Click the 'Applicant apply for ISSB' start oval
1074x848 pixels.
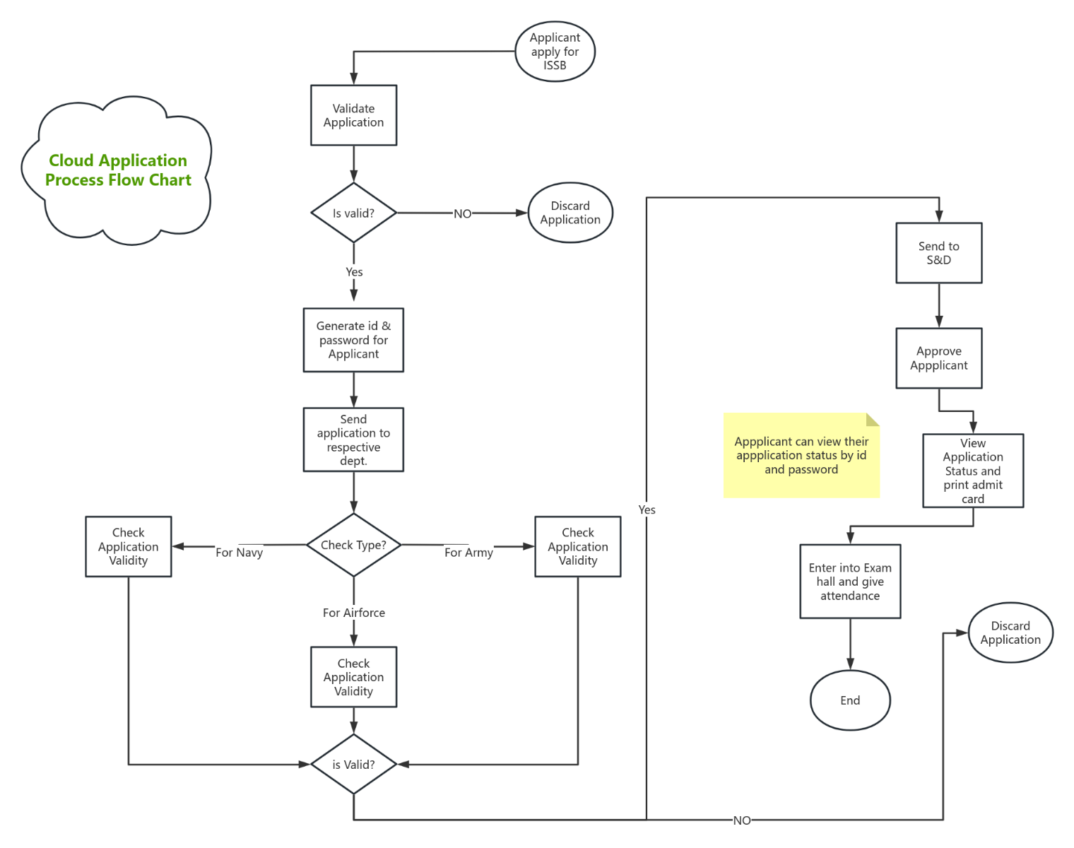555,52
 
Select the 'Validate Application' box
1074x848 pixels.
353,115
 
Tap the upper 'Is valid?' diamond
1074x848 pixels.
353,213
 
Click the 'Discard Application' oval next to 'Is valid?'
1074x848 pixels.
570,213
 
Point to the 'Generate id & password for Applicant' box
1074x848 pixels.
353,340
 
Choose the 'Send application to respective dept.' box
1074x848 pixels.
353,440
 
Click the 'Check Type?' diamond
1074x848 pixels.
353,545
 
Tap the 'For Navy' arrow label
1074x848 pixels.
239,552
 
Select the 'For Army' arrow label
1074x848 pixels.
468,552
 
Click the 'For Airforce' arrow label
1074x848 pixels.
353,613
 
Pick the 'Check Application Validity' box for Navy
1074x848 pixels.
128,546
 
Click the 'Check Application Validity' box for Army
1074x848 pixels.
577,546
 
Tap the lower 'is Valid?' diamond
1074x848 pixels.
353,764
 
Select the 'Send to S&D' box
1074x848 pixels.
938,253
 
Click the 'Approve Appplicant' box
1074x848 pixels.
938,358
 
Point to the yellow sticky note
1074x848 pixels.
801,456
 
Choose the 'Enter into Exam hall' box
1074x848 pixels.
849,582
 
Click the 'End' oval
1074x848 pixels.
849,700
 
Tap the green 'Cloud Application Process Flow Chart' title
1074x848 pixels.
118,170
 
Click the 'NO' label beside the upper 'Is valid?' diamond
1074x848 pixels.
462,213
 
